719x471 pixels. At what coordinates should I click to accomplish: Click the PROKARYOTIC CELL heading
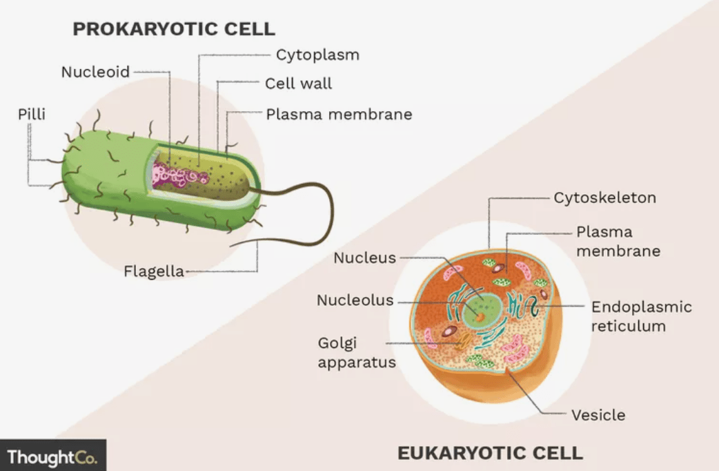[174, 29]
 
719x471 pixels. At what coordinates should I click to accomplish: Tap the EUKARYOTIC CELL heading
[490, 453]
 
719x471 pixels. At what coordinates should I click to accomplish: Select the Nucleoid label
[95, 72]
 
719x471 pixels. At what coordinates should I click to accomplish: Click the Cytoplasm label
[318, 55]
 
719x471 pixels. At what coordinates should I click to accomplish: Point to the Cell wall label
[299, 84]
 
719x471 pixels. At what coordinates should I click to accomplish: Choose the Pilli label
[32, 114]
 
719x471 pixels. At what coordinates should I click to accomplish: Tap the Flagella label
[154, 271]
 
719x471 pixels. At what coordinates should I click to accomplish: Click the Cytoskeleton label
[605, 198]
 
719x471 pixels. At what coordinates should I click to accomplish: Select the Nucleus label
[364, 258]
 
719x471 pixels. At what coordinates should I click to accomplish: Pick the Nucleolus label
[355, 300]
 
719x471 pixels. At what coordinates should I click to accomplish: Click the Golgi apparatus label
[357, 353]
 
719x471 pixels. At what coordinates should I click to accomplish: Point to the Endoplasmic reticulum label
[642, 316]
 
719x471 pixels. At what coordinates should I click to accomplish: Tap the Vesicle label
[598, 416]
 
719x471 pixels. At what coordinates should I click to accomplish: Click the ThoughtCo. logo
[52, 457]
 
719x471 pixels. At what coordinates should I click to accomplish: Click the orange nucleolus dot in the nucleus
[480, 317]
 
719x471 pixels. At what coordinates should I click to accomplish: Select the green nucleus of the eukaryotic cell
[482, 310]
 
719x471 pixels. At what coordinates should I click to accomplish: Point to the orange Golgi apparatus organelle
[464, 342]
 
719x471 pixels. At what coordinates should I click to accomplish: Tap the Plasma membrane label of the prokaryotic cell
[339, 115]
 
